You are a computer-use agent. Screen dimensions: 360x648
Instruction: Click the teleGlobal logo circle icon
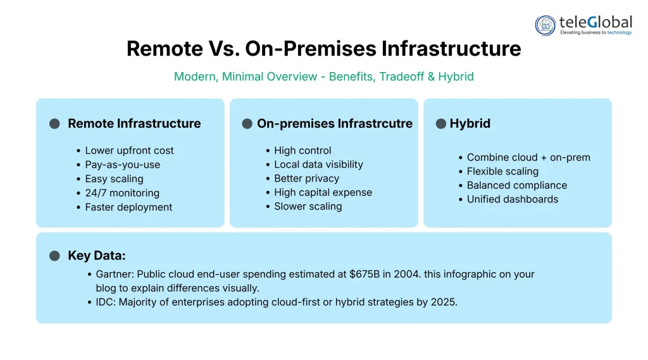[x=545, y=25]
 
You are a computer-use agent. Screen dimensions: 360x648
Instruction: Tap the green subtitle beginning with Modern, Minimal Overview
[x=323, y=77]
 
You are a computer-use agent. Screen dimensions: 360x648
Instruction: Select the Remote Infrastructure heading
[x=134, y=123]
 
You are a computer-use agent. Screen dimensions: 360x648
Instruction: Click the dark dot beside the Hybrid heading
[x=441, y=123]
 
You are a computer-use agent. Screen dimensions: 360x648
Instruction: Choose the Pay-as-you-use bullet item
[x=122, y=164]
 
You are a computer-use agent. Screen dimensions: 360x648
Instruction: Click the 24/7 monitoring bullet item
[x=122, y=193]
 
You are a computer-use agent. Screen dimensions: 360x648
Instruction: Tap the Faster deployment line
[x=128, y=207]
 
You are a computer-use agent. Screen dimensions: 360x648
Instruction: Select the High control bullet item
[x=302, y=151]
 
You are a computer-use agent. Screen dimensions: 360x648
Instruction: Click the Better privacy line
[x=306, y=178]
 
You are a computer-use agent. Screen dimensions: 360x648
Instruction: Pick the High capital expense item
[x=323, y=192]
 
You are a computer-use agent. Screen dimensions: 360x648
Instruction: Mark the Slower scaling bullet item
[x=308, y=206]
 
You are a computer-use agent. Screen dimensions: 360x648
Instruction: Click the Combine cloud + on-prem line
[x=528, y=158]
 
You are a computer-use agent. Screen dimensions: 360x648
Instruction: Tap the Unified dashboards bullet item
[x=512, y=199]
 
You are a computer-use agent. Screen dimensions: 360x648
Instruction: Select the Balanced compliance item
[x=516, y=185]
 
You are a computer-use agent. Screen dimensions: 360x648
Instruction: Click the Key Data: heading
[x=97, y=256]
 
